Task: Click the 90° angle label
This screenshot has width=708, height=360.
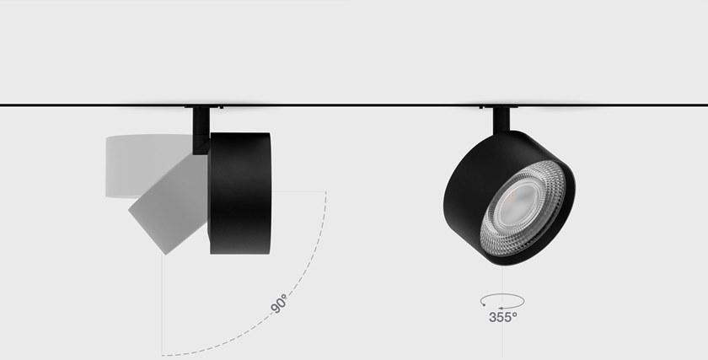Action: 279,304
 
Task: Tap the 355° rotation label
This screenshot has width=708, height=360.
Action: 503,318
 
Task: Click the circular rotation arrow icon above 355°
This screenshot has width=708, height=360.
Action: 502,301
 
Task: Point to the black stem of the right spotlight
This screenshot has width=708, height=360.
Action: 501,121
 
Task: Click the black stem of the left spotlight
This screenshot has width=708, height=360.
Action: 201,130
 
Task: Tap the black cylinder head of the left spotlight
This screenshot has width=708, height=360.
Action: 239,193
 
